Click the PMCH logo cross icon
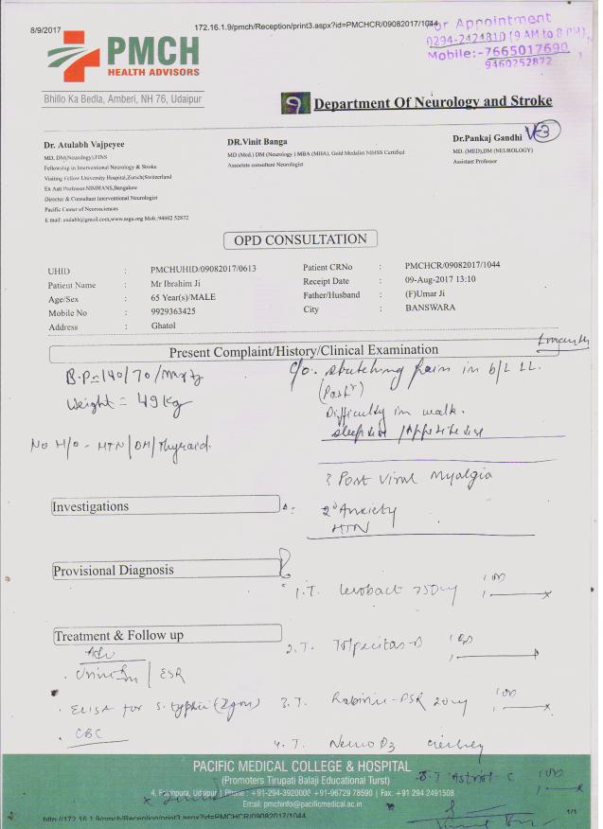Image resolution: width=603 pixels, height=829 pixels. [x=74, y=56]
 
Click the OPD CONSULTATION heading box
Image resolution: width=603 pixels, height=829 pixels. [x=300, y=239]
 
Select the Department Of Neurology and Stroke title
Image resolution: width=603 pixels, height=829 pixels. [x=433, y=102]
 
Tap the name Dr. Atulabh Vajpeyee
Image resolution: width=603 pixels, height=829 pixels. [x=84, y=144]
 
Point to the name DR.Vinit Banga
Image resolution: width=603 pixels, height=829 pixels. [x=257, y=141]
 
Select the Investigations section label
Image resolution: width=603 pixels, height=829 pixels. [x=91, y=507]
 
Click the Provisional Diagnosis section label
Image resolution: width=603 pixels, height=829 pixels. [x=114, y=572]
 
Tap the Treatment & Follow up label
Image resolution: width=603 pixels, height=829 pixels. [x=118, y=636]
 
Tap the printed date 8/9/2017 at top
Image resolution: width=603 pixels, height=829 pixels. [x=45, y=30]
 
